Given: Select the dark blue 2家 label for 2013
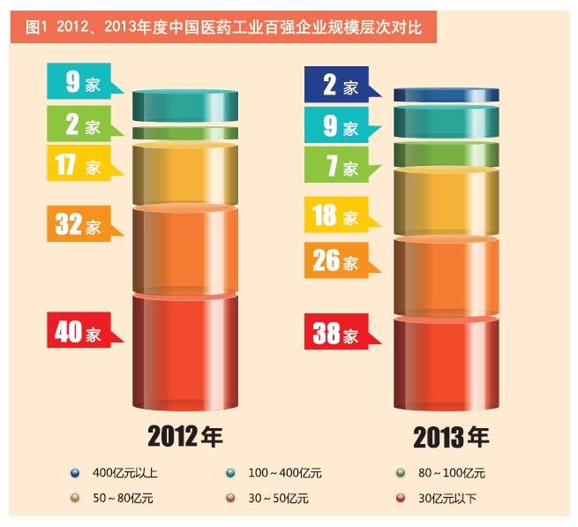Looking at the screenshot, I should (x=340, y=86).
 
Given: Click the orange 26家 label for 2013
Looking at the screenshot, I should (x=340, y=261).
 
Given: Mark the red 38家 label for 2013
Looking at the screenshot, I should (x=340, y=334).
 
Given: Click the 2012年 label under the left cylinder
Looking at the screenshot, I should (x=184, y=436).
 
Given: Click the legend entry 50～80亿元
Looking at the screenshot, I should (x=120, y=499).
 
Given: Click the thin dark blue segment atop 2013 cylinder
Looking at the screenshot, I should (x=447, y=94).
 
